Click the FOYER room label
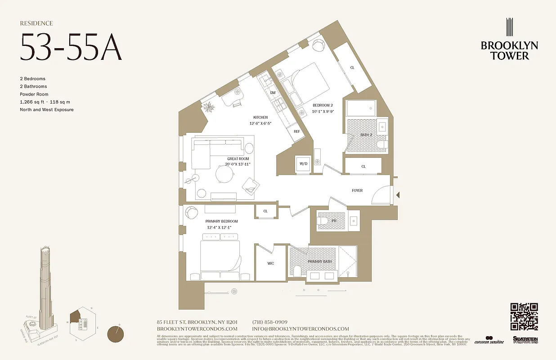(x=357, y=190)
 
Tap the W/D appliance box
(x=303, y=164)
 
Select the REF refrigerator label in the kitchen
(x=296, y=131)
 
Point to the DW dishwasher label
(x=273, y=93)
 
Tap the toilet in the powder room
(x=323, y=221)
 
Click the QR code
(x=524, y=317)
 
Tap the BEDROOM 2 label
(x=323, y=105)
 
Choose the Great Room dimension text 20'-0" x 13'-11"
(x=238, y=164)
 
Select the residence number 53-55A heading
(x=71, y=47)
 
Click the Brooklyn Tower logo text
(x=509, y=50)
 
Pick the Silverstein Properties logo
(x=525, y=340)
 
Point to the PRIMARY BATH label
(x=319, y=261)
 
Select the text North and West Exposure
(x=46, y=109)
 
